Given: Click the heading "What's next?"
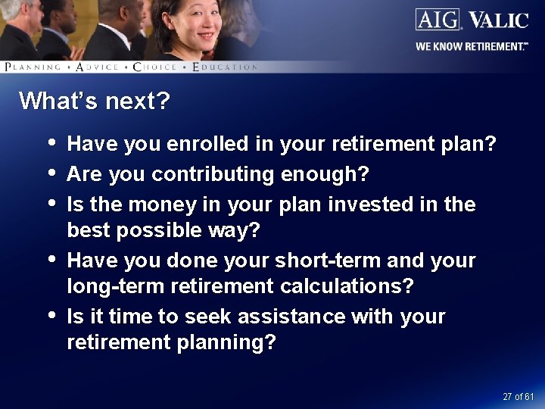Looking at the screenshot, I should (95, 101).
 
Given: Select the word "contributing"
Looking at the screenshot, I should (213, 174).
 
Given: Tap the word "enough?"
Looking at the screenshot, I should (325, 174).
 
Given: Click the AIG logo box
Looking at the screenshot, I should (438, 19).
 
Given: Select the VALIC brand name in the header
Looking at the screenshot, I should (498, 20).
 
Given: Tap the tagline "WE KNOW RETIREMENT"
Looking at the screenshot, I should (469, 46).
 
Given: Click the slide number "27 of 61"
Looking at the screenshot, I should (519, 397).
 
